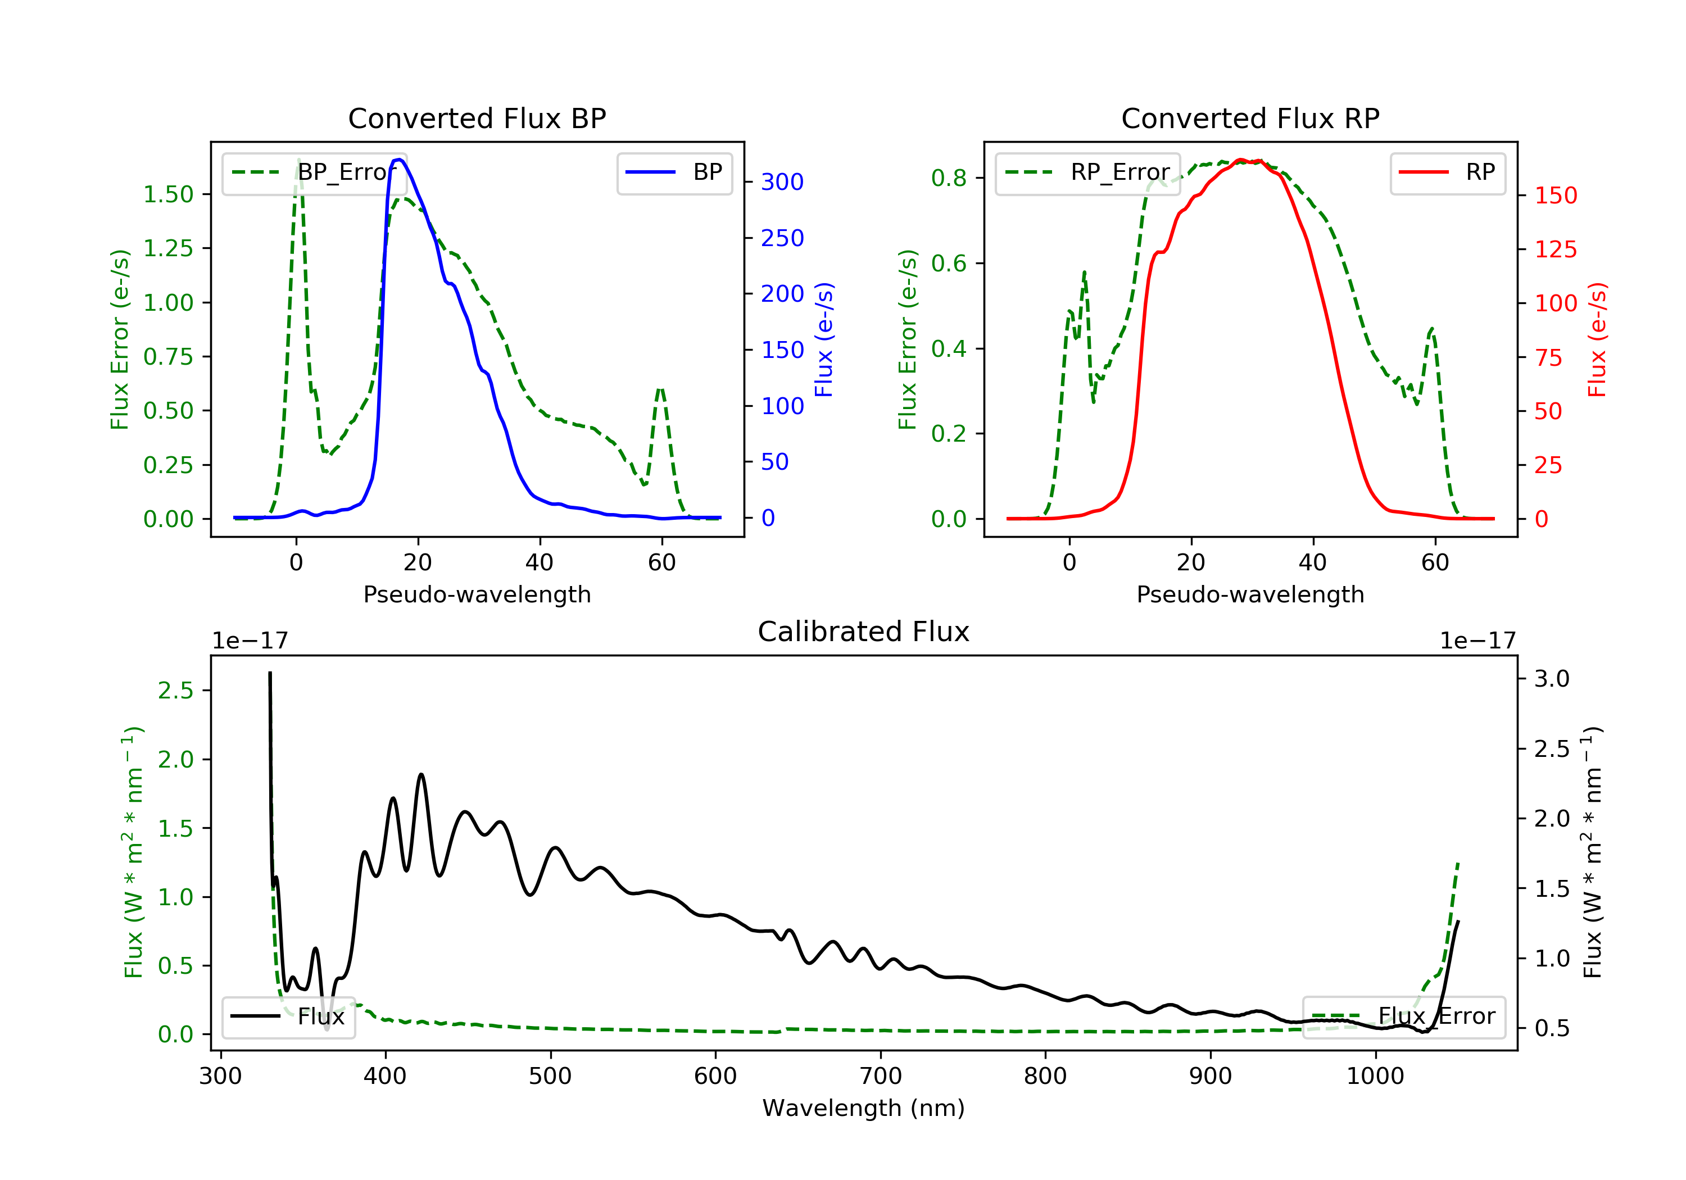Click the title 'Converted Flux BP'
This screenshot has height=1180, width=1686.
pos(477,118)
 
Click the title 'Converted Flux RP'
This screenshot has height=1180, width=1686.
pos(1250,118)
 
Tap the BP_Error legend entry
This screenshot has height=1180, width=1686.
pos(314,173)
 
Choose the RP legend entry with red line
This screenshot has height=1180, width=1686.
pos(1447,173)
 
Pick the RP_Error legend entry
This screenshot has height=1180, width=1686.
pos(1087,173)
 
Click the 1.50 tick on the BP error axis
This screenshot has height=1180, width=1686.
pos(168,194)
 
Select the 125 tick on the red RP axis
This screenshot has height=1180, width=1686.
pos(1555,249)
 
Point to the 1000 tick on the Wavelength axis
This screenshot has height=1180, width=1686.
pos(1375,1077)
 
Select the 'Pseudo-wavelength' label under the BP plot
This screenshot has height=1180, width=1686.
pos(477,594)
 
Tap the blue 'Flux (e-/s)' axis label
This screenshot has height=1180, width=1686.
pos(824,340)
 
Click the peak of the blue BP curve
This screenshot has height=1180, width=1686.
pos(398,160)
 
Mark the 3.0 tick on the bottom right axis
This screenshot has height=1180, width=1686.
pos(1551,678)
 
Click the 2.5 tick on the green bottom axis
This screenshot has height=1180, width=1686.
pos(175,690)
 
